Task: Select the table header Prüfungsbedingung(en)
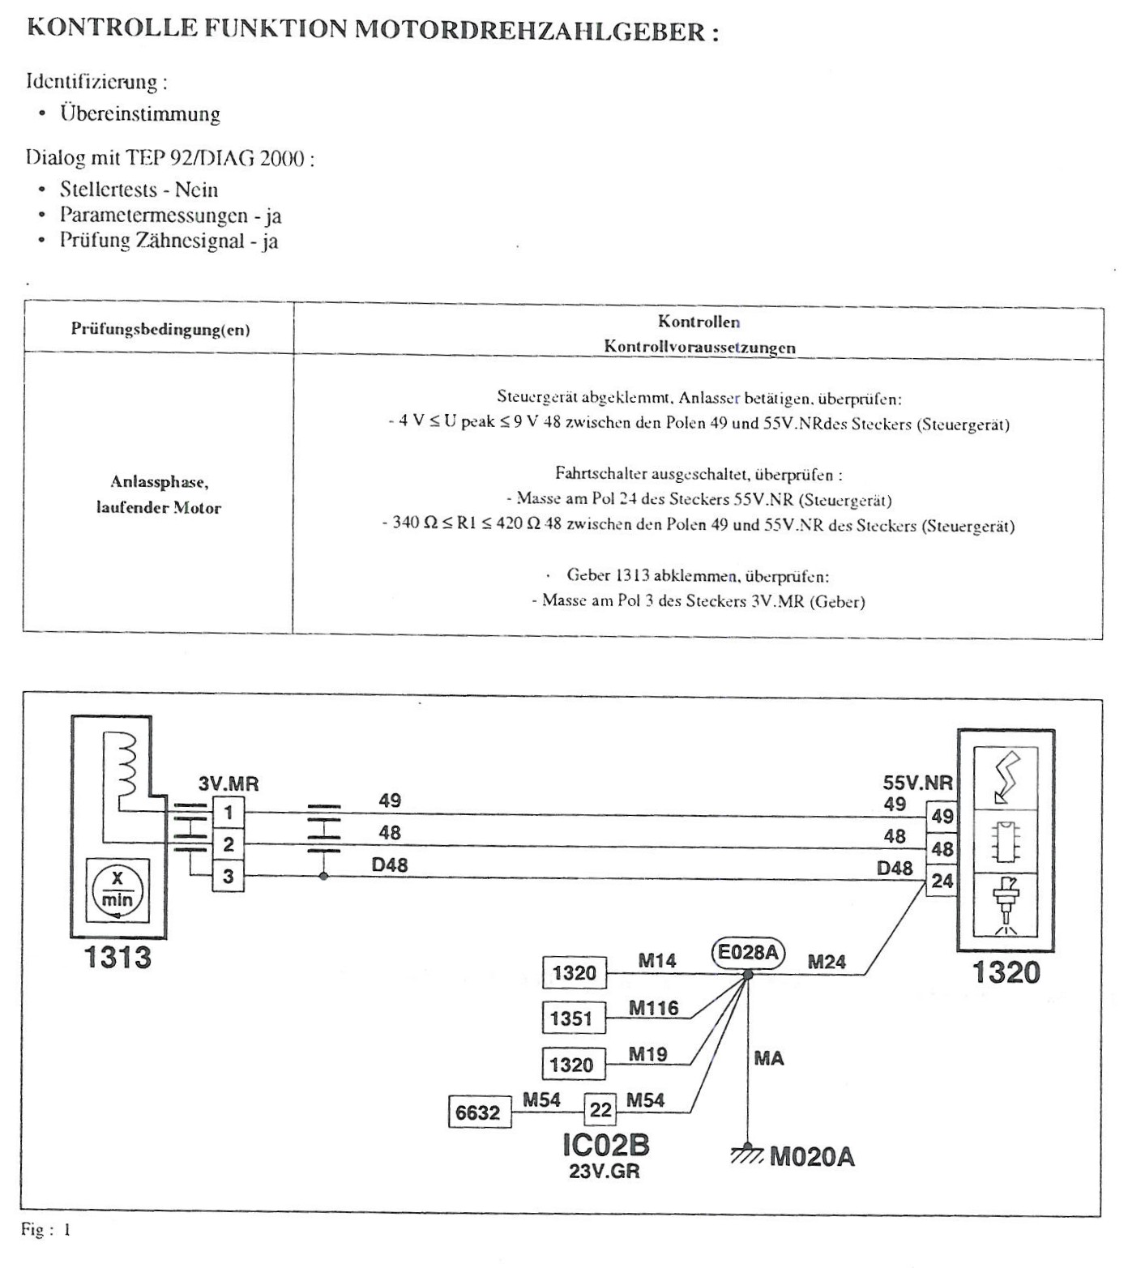tap(160, 329)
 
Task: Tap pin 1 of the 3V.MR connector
tap(229, 812)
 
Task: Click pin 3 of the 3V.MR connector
tap(229, 876)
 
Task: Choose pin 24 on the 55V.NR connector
tap(942, 881)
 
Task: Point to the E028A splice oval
tap(747, 952)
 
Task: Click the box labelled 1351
tap(573, 1018)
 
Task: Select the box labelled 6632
tap(479, 1112)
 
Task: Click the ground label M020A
tap(812, 1157)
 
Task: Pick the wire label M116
tap(654, 1007)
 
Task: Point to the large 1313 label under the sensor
tap(118, 958)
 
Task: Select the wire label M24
tap(827, 962)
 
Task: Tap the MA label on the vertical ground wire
tap(768, 1058)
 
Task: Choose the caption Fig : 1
tap(46, 1230)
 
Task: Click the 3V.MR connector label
tap(229, 784)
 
